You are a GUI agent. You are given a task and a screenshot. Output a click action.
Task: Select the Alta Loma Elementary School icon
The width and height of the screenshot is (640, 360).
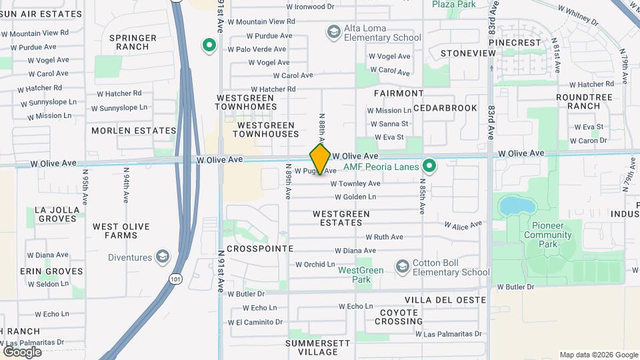click(333, 32)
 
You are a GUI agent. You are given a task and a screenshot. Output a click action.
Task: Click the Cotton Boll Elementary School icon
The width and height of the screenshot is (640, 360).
click(402, 267)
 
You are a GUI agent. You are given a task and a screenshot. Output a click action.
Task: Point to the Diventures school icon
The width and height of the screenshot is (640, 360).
click(161, 257)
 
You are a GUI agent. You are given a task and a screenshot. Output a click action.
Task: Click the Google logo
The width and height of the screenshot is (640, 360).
click(21, 351)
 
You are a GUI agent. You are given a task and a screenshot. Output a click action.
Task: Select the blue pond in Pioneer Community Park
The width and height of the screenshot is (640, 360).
click(511, 205)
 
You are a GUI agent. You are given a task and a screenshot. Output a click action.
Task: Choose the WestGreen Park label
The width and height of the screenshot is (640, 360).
click(361, 275)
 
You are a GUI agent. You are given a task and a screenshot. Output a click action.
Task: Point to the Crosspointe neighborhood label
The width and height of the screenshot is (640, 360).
click(260, 248)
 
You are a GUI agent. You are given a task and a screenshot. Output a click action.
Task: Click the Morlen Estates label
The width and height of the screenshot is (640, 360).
click(134, 131)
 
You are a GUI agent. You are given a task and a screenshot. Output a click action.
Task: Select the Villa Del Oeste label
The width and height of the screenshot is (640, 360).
click(445, 300)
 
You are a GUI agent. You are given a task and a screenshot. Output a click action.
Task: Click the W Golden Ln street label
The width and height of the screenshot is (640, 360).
click(355, 197)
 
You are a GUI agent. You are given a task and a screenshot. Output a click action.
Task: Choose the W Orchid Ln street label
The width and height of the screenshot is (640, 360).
click(315, 264)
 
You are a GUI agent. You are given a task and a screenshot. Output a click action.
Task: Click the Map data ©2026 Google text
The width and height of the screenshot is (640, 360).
click(598, 355)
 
